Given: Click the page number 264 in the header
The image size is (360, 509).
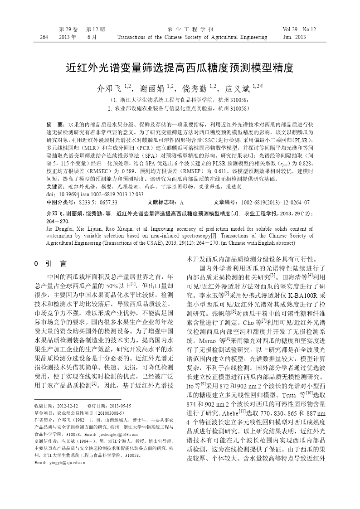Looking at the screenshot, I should tap(44, 37).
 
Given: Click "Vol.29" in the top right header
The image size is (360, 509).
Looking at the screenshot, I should tap(291, 29).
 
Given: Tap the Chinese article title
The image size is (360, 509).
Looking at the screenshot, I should tap(180, 68).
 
